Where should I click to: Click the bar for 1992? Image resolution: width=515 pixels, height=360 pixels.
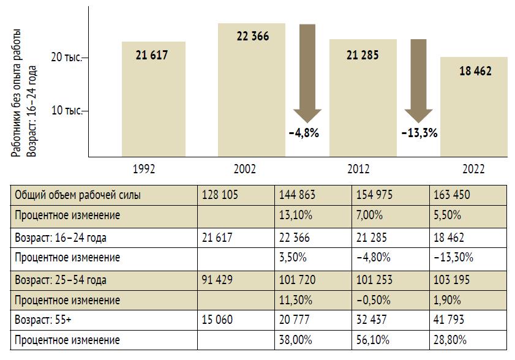pos(153,98)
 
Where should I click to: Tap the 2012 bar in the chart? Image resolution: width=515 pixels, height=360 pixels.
pos(363,97)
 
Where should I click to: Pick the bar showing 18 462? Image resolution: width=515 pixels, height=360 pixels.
pos(474,107)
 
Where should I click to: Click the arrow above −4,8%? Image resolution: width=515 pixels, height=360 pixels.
pos(307,73)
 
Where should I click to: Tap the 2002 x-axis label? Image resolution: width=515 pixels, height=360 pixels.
pos(245,169)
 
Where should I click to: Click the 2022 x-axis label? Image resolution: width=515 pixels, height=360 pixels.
pos(473,169)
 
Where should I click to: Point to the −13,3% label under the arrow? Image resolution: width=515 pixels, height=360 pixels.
pos(419,133)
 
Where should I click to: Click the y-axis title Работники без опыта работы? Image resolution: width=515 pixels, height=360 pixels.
pos(18,92)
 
